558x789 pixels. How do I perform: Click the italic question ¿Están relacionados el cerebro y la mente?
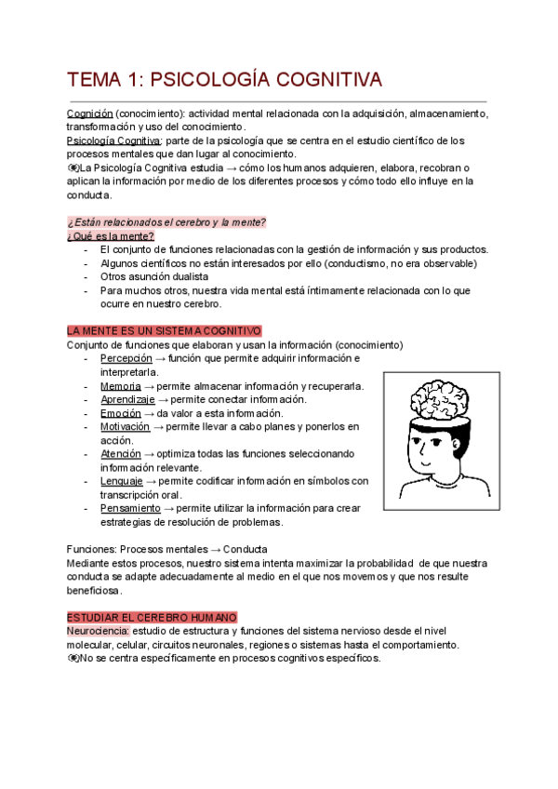pyautogui.click(x=166, y=221)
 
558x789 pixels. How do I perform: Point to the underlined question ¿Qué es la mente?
pyautogui.click(x=111, y=235)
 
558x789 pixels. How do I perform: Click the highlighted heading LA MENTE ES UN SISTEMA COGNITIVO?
pyautogui.click(x=165, y=331)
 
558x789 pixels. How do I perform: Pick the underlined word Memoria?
pyautogui.click(x=121, y=385)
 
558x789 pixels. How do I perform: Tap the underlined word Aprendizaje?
pyautogui.click(x=128, y=399)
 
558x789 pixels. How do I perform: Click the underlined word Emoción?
pyautogui.click(x=121, y=413)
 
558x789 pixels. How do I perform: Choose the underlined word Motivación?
pyautogui.click(x=125, y=426)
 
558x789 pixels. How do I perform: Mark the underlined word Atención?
pyautogui.click(x=120, y=454)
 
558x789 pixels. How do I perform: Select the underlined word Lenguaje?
pyautogui.click(x=122, y=481)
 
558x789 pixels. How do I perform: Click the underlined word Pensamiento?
pyautogui.click(x=130, y=508)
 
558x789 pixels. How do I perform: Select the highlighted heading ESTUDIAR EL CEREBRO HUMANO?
pyautogui.click(x=153, y=617)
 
